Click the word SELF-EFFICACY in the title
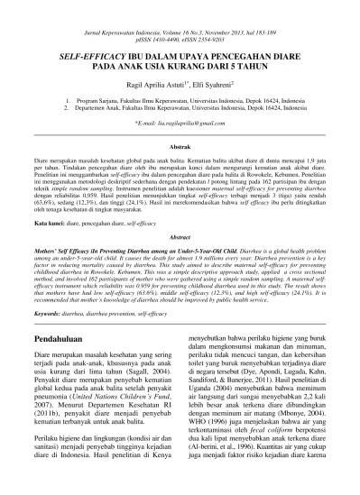pyautogui.click(x=82, y=56)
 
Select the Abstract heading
pyautogui.click(x=180, y=236)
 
